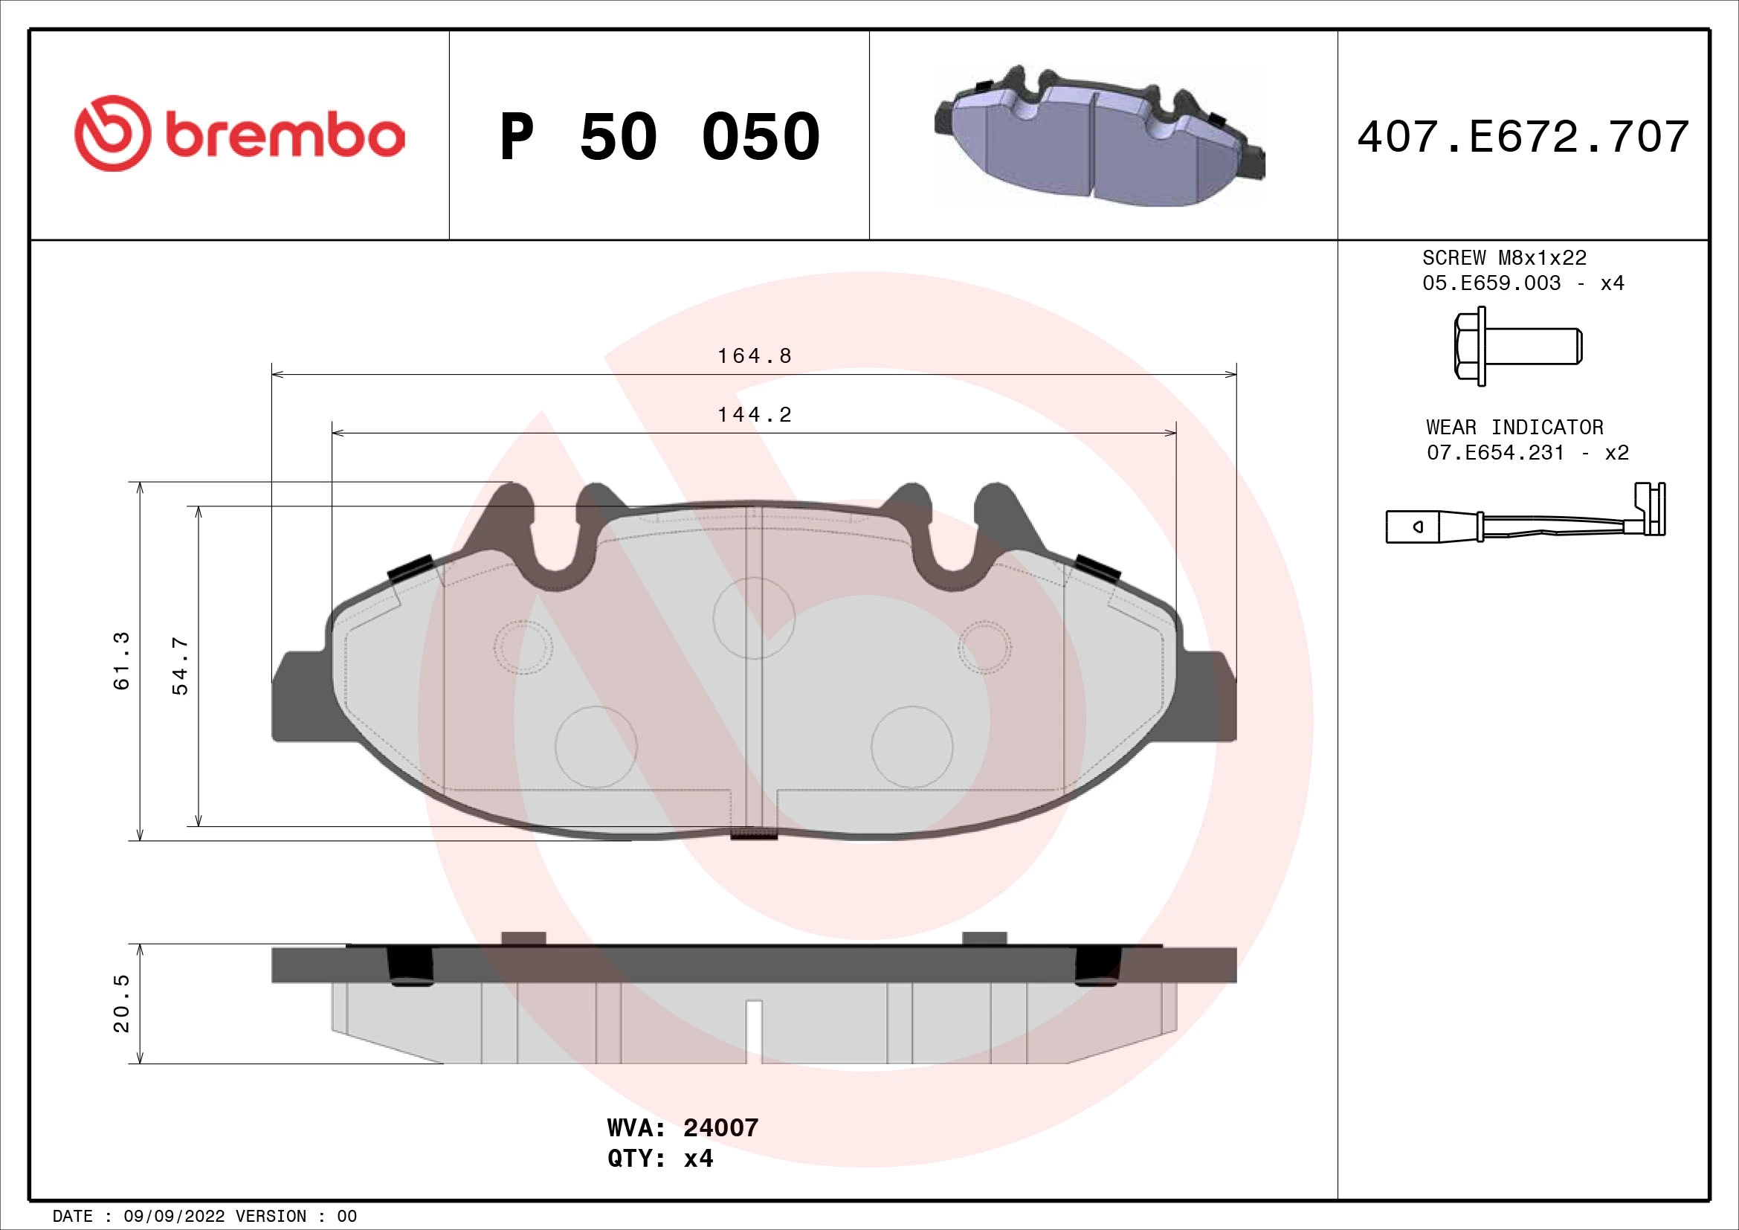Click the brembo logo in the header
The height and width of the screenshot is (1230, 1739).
pyautogui.click(x=239, y=134)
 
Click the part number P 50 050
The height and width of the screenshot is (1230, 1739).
pyautogui.click(x=659, y=137)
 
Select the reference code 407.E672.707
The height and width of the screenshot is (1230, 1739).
pyautogui.click(x=1523, y=137)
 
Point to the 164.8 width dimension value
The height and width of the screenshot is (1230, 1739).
pyautogui.click(x=754, y=355)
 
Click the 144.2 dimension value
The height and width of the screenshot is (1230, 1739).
pyautogui.click(x=754, y=414)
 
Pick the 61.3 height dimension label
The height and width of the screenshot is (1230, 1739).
pyautogui.click(x=121, y=660)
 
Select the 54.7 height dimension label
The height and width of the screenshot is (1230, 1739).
pyautogui.click(x=180, y=666)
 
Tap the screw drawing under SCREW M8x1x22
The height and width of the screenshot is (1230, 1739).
pyautogui.click(x=1517, y=346)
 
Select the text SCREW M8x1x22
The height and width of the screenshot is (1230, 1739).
pyautogui.click(x=1503, y=258)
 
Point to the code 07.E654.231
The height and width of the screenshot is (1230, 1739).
pyautogui.click(x=1494, y=453)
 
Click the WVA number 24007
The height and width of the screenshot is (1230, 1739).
pyautogui.click(x=720, y=1128)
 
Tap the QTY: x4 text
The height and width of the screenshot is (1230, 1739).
pyautogui.click(x=659, y=1159)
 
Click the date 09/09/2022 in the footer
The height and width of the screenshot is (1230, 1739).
pyautogui.click(x=173, y=1216)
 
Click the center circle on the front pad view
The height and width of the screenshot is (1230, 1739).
pyautogui.click(x=754, y=617)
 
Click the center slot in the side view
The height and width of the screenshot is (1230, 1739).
pyautogui.click(x=754, y=1030)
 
